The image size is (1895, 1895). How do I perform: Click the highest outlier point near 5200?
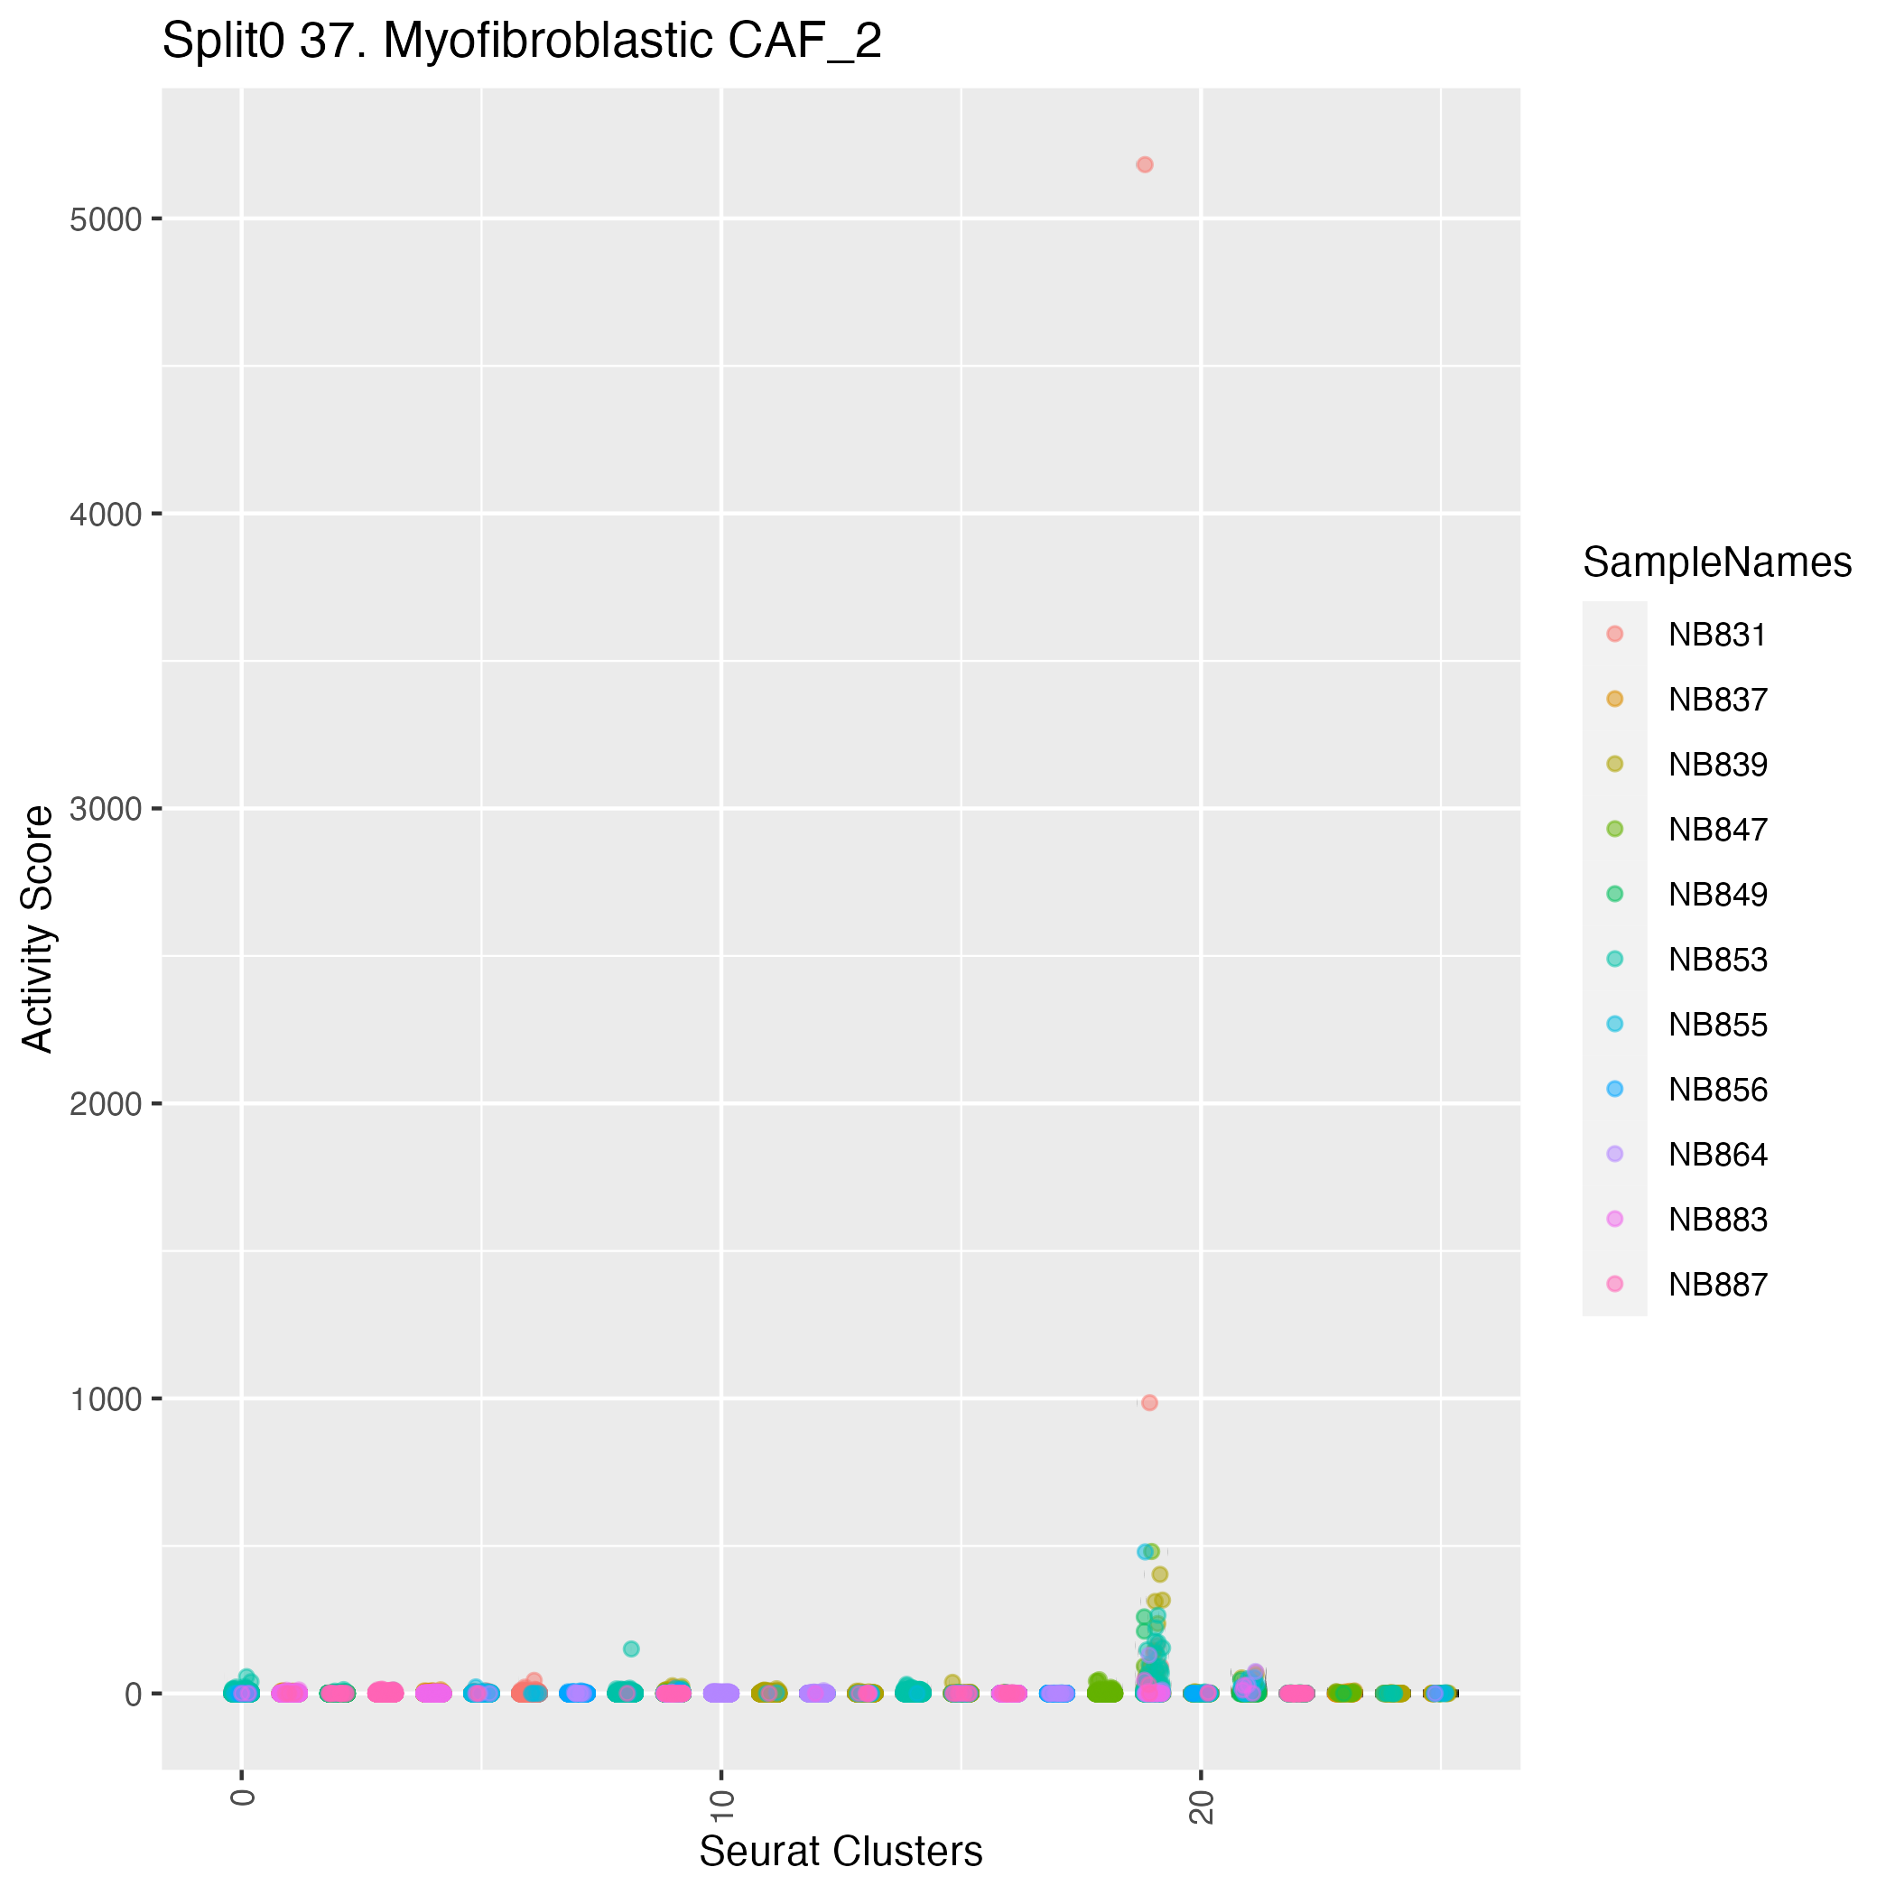click(x=1144, y=165)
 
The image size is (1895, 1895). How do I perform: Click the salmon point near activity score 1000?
click(x=1149, y=1403)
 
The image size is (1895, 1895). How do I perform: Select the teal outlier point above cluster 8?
click(x=631, y=1649)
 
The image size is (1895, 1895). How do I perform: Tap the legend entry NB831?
click(x=1716, y=636)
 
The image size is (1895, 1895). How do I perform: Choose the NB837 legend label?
click(x=1716, y=701)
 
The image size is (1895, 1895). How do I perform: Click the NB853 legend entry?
click(x=1716, y=961)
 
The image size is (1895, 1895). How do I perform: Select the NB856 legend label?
click(x=1716, y=1091)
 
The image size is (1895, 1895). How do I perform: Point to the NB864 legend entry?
click(x=1716, y=1156)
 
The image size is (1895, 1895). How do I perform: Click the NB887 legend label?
click(x=1716, y=1286)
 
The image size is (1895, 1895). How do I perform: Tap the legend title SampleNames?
click(x=1716, y=563)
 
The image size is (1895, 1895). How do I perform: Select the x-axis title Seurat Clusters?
click(x=841, y=1852)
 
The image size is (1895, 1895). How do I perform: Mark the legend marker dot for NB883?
click(x=1614, y=1219)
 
